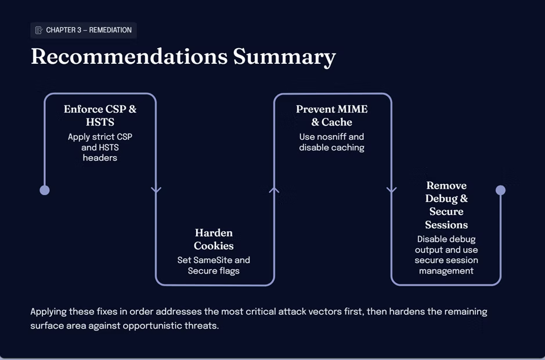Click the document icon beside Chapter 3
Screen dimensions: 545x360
(39, 30)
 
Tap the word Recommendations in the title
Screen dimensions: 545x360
(129, 56)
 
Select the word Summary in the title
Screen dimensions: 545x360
(284, 57)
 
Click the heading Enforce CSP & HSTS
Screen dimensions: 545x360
(100, 116)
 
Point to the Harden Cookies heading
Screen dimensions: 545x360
(214, 239)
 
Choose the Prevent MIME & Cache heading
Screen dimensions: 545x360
(331, 116)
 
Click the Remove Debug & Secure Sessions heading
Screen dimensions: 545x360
(446, 205)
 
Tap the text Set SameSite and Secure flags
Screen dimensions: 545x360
(214, 265)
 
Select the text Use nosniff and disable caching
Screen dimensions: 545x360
(331, 142)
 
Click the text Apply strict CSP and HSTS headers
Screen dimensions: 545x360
(100, 147)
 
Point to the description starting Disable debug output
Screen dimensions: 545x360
(446, 255)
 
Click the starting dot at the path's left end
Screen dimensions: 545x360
(45, 190)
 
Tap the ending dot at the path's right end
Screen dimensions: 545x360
(500, 190)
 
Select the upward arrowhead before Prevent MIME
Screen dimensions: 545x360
(274, 190)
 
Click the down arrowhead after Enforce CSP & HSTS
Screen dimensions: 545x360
(156, 190)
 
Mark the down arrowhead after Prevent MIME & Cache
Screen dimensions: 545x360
(392, 190)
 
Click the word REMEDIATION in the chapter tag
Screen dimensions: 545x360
(110, 30)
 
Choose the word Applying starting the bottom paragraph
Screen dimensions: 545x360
(48, 312)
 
